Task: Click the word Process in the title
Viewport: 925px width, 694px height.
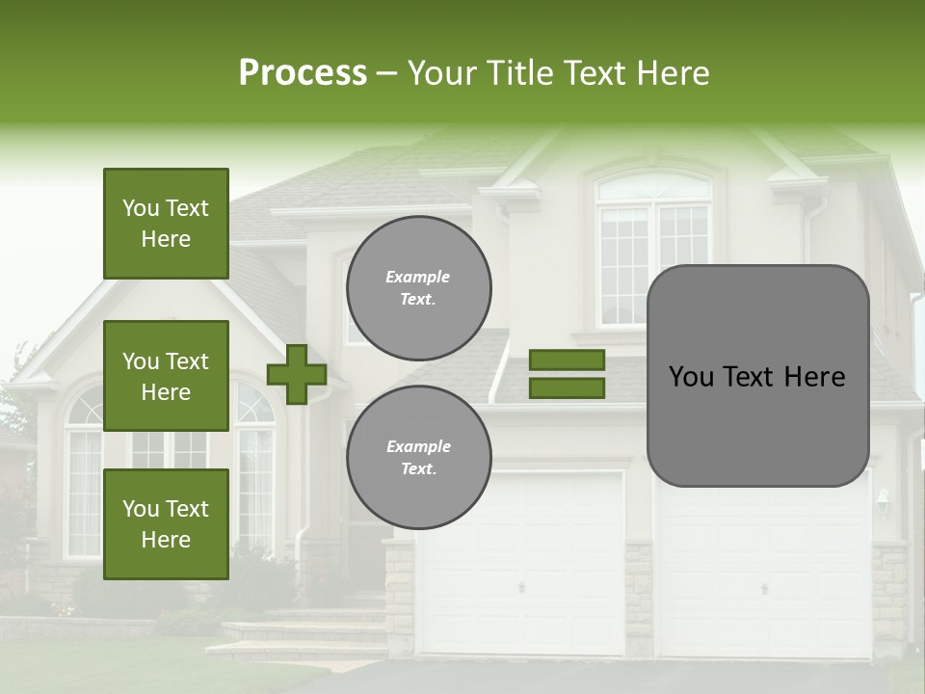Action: coord(303,73)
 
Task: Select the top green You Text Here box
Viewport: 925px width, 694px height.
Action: coord(166,224)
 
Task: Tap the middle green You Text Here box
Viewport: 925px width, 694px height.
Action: coord(166,376)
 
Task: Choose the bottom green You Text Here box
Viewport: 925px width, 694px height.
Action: coord(166,524)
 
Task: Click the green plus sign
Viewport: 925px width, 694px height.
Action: coord(297,375)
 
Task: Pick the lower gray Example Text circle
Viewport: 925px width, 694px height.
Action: coord(418,458)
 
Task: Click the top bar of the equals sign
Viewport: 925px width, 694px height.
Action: coord(567,360)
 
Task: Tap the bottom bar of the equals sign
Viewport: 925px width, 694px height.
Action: coord(567,388)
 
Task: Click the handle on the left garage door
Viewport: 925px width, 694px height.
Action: coord(521,587)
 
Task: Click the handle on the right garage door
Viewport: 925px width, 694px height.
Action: coord(764,588)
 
